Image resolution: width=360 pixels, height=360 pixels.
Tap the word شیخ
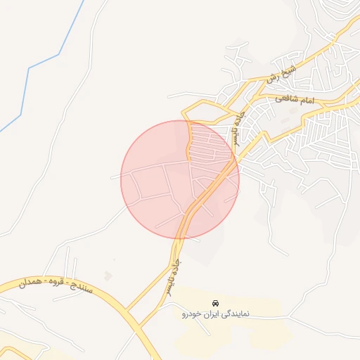288,70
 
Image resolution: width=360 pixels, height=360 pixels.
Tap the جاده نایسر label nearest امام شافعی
243,127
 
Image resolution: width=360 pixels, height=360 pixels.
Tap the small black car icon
215,304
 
